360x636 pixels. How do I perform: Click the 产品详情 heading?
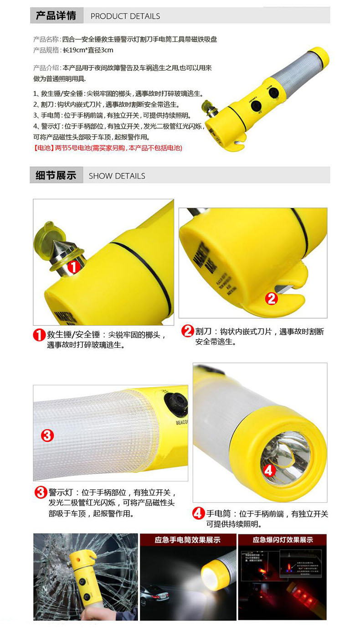click(x=56, y=16)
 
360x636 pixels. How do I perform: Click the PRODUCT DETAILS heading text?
click(x=125, y=16)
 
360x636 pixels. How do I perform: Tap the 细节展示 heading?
click(x=56, y=175)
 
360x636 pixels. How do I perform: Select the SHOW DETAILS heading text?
click(x=117, y=176)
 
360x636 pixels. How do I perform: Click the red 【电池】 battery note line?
click(x=108, y=148)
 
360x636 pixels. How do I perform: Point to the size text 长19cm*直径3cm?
click(x=87, y=50)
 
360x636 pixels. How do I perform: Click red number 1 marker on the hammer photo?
click(x=74, y=266)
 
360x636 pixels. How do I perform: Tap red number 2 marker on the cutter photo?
click(x=271, y=299)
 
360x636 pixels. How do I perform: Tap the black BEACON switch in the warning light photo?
click(x=175, y=404)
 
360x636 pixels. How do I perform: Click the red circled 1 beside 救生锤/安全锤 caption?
click(x=39, y=335)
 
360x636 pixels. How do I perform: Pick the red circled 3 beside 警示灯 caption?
click(x=41, y=492)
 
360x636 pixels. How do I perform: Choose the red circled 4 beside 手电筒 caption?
click(x=198, y=514)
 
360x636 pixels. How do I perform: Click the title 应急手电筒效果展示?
click(x=187, y=540)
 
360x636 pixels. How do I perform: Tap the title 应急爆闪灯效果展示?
click(x=283, y=540)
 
